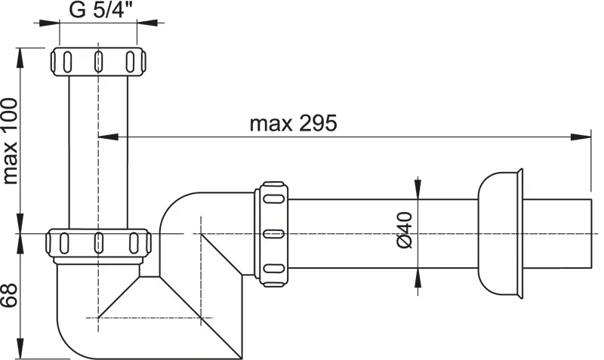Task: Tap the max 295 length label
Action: pyautogui.click(x=293, y=123)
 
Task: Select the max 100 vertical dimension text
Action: pyautogui.click(x=10, y=141)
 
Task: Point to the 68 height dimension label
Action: pyautogui.click(x=9, y=295)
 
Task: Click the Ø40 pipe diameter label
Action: pyautogui.click(x=404, y=230)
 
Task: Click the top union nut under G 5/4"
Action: pyautogui.click(x=98, y=61)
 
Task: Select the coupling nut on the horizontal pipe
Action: pyautogui.click(x=271, y=234)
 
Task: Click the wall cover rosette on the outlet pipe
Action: pyautogui.click(x=500, y=234)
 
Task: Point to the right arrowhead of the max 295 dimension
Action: pyautogui.click(x=581, y=137)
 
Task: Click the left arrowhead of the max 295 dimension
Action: pyautogui.click(x=109, y=137)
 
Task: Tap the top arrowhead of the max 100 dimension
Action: pyautogui.click(x=20, y=57)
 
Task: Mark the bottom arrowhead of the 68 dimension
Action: pyautogui.click(x=20, y=349)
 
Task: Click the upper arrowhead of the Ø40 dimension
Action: pyautogui.click(x=418, y=189)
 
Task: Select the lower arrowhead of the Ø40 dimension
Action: pyautogui.click(x=418, y=278)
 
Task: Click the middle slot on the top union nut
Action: pyautogui.click(x=99, y=61)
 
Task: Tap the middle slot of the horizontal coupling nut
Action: pyautogui.click(x=273, y=234)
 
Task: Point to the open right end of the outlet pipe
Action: pyautogui.click(x=591, y=234)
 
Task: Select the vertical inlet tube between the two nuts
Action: pyautogui.click(x=98, y=152)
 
